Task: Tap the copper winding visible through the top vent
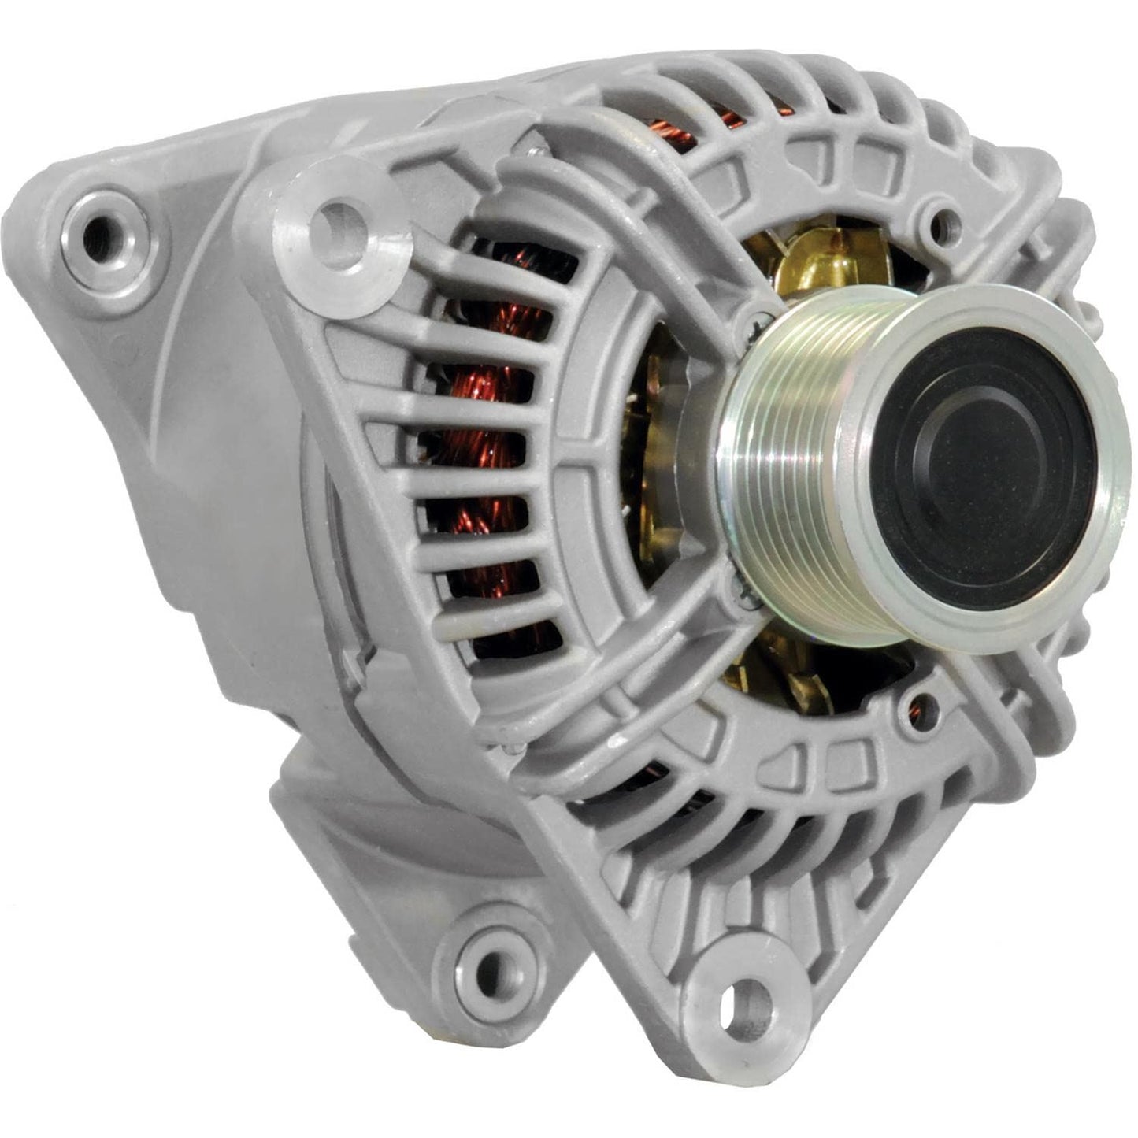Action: pos(677,134)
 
